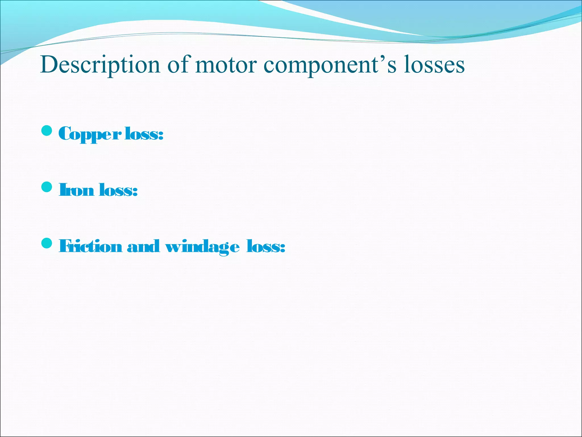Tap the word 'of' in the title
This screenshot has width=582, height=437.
click(177, 65)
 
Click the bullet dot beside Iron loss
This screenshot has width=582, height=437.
click(47, 187)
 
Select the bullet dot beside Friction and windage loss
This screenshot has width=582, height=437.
click(47, 243)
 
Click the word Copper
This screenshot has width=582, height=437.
click(90, 134)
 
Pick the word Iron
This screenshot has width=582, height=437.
click(76, 190)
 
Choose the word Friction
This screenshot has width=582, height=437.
click(90, 246)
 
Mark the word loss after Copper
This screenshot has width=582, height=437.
click(142, 134)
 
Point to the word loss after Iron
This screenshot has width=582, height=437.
click(116, 190)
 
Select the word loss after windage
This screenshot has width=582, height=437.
click(263, 246)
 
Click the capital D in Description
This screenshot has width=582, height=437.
click(48, 65)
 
